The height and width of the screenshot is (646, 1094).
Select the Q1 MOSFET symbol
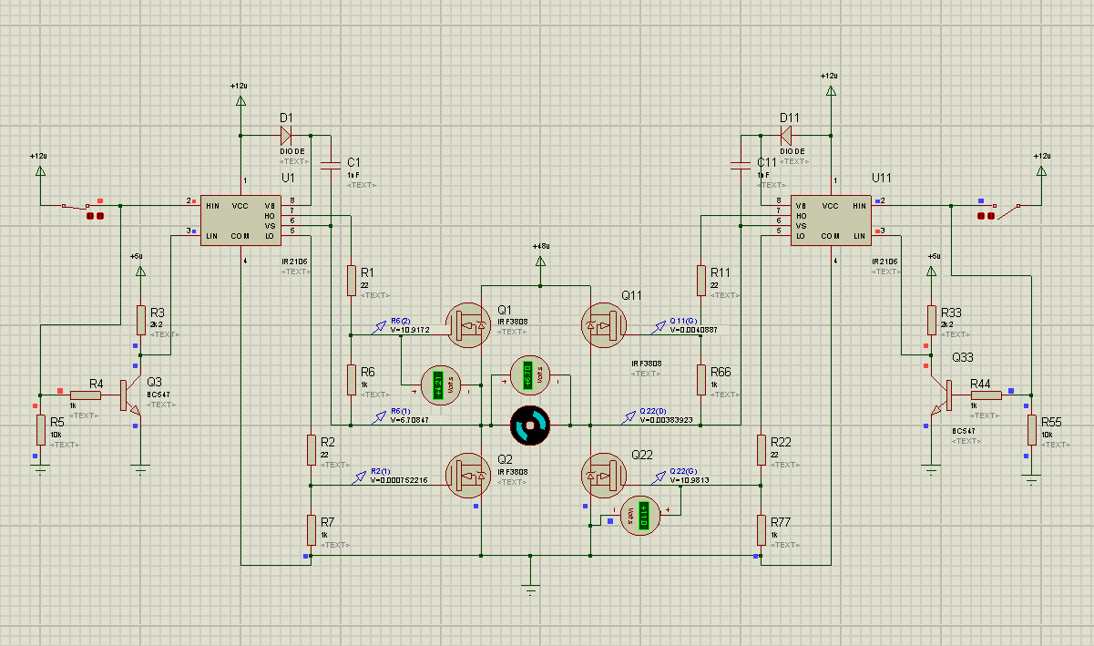tap(469, 324)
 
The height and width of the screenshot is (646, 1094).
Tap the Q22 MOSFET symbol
tap(601, 476)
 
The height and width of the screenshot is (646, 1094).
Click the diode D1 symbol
tap(285, 136)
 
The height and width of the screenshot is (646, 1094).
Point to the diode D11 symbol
tap(786, 136)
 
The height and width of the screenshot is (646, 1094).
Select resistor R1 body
tap(351, 281)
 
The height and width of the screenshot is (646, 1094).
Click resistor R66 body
tap(701, 379)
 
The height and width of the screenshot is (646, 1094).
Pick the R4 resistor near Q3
tap(86, 395)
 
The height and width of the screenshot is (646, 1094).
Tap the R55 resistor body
tap(1031, 428)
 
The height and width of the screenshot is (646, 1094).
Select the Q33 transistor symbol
tap(937, 395)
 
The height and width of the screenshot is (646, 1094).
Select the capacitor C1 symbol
tap(330, 164)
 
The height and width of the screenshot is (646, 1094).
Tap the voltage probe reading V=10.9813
tap(690, 479)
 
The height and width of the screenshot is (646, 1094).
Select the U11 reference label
tap(882, 177)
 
